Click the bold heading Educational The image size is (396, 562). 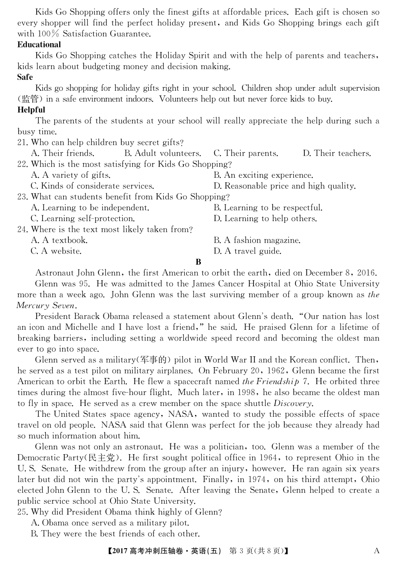(x=39, y=45)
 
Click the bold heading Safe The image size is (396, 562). (x=25, y=77)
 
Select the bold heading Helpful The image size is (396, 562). (x=31, y=110)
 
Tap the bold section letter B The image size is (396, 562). (x=198, y=262)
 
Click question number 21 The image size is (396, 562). (x=23, y=142)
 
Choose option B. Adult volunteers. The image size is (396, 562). (x=163, y=153)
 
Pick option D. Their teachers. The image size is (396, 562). (x=336, y=153)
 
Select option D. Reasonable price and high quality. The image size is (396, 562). (x=285, y=186)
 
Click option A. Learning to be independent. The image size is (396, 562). (x=90, y=207)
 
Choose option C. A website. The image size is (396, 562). (x=56, y=251)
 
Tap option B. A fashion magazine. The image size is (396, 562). (x=257, y=240)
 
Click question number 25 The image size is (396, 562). (x=23, y=512)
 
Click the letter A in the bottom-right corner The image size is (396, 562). (x=376, y=551)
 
